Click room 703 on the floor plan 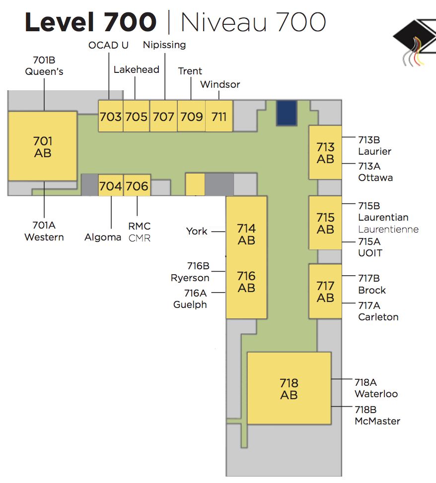point(110,117)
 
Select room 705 point(136,117)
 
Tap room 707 point(163,117)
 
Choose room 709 point(191,117)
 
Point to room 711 point(219,117)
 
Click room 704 point(110,186)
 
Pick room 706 point(137,186)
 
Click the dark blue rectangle point(287,113)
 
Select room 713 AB point(325,153)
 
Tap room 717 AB point(325,292)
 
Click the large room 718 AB point(289,389)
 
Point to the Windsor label point(220,84)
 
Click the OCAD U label point(108,45)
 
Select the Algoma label point(103,237)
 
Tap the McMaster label point(377,421)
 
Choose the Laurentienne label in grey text point(388,229)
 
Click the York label point(197,231)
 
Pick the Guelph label point(190,304)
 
